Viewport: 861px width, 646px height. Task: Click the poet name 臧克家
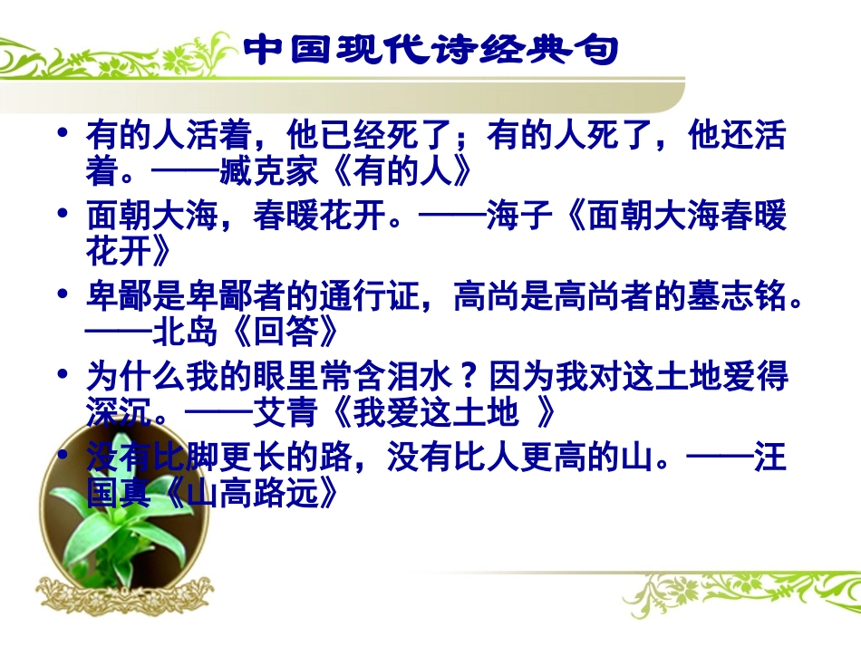pyautogui.click(x=267, y=169)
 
